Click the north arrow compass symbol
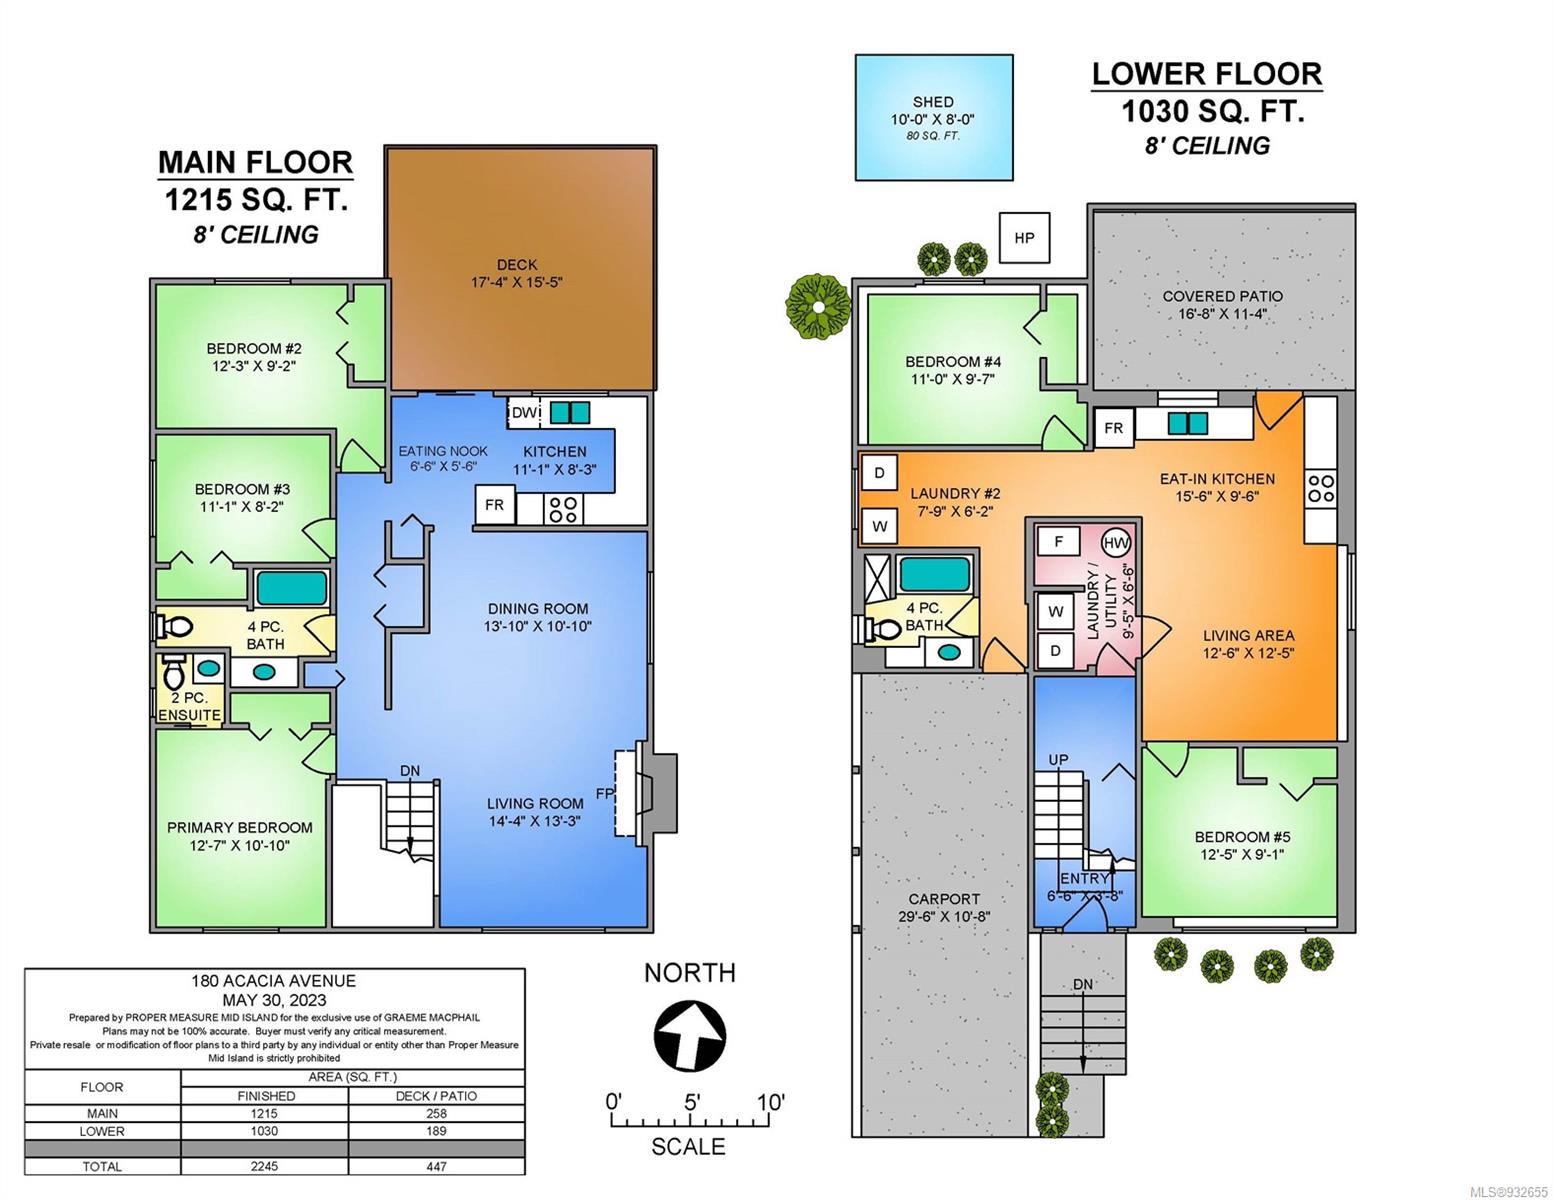690,1036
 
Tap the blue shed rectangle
934,117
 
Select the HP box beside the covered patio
1024,238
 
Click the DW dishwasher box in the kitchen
524,412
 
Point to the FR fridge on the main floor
495,505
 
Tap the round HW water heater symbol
1116,543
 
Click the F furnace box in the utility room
1058,542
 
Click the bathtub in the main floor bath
292,588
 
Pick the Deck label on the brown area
517,264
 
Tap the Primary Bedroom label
239,827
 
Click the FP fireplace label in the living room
605,793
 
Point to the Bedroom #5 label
1243,836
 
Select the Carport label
944,898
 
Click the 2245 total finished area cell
264,1166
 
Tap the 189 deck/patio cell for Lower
436,1131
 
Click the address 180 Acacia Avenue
273,981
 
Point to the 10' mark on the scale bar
771,1103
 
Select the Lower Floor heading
1207,74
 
